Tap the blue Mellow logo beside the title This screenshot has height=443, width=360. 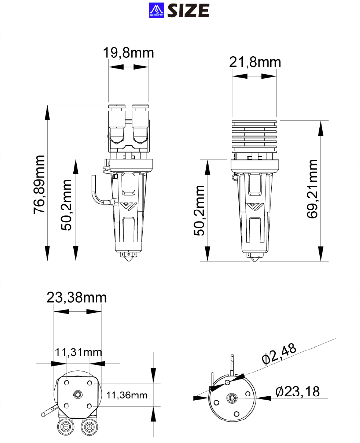(156, 10)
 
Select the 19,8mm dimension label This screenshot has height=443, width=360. (128, 53)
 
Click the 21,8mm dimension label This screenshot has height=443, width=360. (255, 62)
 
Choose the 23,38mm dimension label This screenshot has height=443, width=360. (77, 297)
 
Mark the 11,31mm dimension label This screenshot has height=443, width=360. (78, 352)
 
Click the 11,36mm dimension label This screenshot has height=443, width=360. (127, 395)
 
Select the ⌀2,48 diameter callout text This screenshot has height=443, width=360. (279, 354)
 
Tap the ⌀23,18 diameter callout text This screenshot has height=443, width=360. (297, 392)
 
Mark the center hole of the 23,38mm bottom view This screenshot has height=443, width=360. (78, 394)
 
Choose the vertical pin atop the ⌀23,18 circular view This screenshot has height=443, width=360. (233, 364)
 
